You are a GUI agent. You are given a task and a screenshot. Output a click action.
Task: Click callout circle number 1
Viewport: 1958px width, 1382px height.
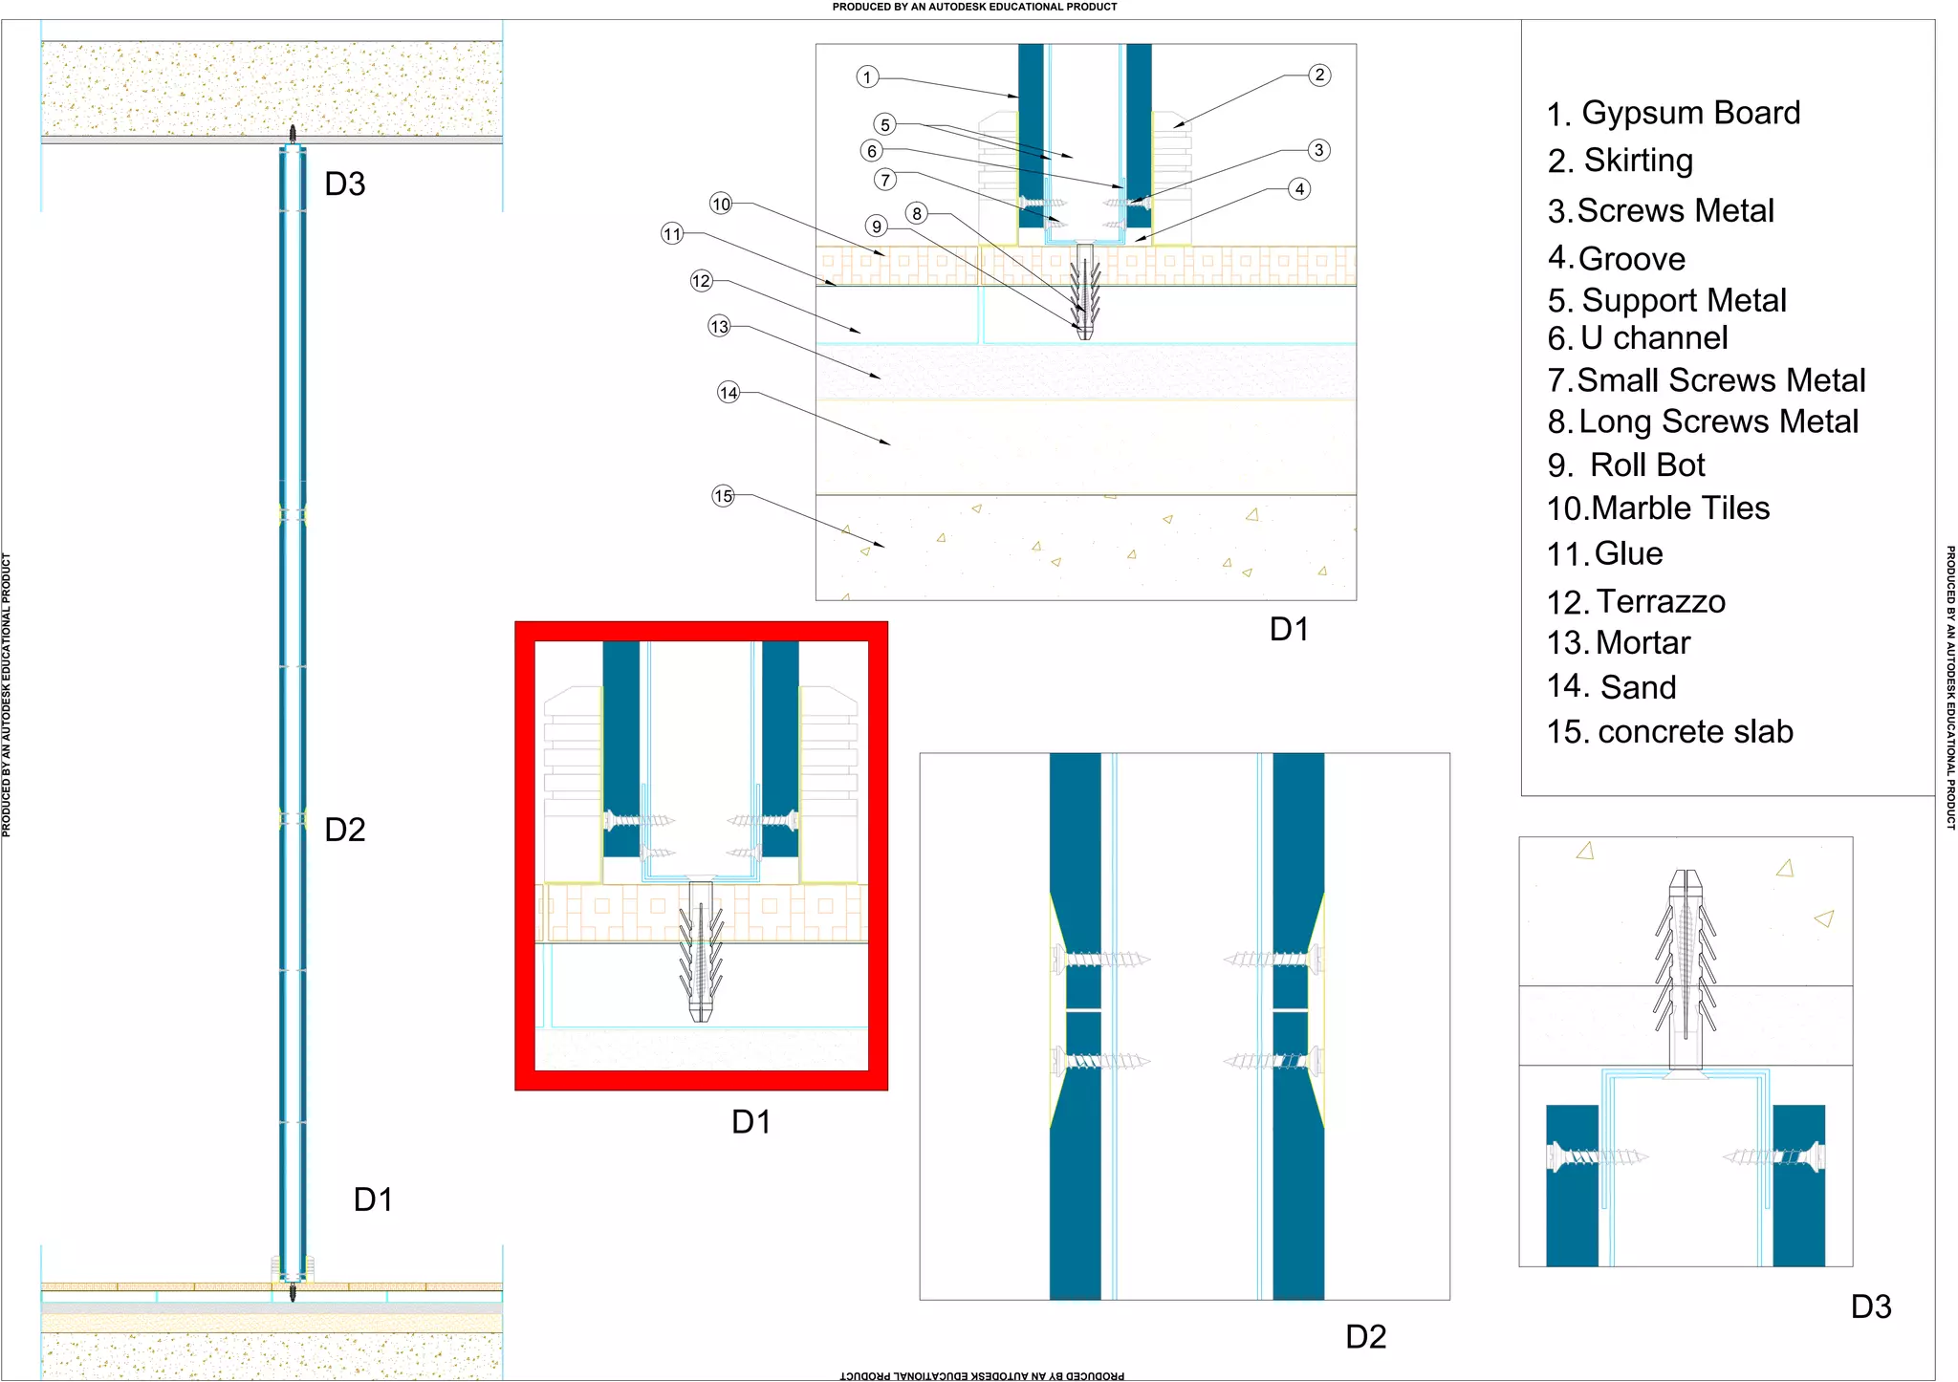(x=867, y=76)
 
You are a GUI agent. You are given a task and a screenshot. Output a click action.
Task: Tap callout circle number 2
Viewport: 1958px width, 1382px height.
(x=1319, y=75)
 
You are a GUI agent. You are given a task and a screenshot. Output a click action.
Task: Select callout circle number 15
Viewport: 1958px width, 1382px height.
(x=724, y=495)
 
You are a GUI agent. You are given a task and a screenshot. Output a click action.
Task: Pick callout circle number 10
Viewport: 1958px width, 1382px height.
(x=721, y=203)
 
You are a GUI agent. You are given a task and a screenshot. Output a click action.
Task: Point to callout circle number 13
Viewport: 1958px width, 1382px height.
(x=719, y=326)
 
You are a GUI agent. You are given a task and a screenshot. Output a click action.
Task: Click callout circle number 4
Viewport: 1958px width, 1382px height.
(x=1299, y=188)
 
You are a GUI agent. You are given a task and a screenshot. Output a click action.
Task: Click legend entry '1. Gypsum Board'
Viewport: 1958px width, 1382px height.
(x=1673, y=113)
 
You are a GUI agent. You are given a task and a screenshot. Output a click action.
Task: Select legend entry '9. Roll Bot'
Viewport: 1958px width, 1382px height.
(x=1626, y=464)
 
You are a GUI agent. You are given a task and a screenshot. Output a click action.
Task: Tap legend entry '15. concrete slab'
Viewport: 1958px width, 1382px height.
(x=1669, y=731)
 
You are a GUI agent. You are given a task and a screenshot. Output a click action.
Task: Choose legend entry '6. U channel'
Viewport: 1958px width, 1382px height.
(x=1637, y=337)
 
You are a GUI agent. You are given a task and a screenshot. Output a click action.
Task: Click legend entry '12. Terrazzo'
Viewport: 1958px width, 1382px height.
(x=1636, y=601)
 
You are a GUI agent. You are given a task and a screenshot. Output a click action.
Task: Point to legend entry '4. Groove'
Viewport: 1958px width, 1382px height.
(x=1616, y=258)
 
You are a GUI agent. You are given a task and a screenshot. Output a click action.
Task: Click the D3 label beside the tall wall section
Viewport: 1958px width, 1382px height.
(x=344, y=184)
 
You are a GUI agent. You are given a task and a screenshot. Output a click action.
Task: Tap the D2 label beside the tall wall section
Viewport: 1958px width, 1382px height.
(x=344, y=830)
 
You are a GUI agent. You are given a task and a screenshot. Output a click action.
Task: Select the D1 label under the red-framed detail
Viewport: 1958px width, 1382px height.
(x=751, y=1121)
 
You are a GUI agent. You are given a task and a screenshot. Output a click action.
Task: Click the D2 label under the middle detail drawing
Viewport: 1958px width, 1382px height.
(x=1365, y=1336)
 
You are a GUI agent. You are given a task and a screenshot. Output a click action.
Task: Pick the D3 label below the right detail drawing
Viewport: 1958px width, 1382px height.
(x=1871, y=1306)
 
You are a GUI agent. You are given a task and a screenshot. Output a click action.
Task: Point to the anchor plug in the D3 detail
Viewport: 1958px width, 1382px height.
(x=1686, y=965)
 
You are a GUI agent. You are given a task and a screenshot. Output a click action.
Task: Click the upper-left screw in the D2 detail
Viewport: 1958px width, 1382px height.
(x=1099, y=959)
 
